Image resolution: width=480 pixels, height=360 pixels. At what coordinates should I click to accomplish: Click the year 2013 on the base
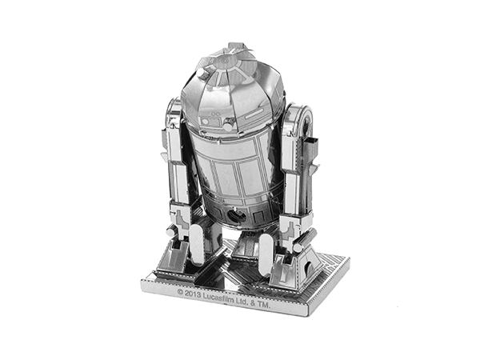pyautogui.click(x=193, y=295)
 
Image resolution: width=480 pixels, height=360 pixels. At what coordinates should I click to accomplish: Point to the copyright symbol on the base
pyautogui.click(x=180, y=293)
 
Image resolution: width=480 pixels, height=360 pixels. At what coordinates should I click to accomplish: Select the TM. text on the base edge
pyautogui.click(x=263, y=306)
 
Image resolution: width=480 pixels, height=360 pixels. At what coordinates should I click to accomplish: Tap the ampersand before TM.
pyautogui.click(x=252, y=304)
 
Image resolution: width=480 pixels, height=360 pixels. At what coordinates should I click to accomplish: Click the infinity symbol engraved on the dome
pyautogui.click(x=216, y=114)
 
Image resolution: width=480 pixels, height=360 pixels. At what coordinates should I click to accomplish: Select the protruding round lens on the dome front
pyautogui.click(x=227, y=126)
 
